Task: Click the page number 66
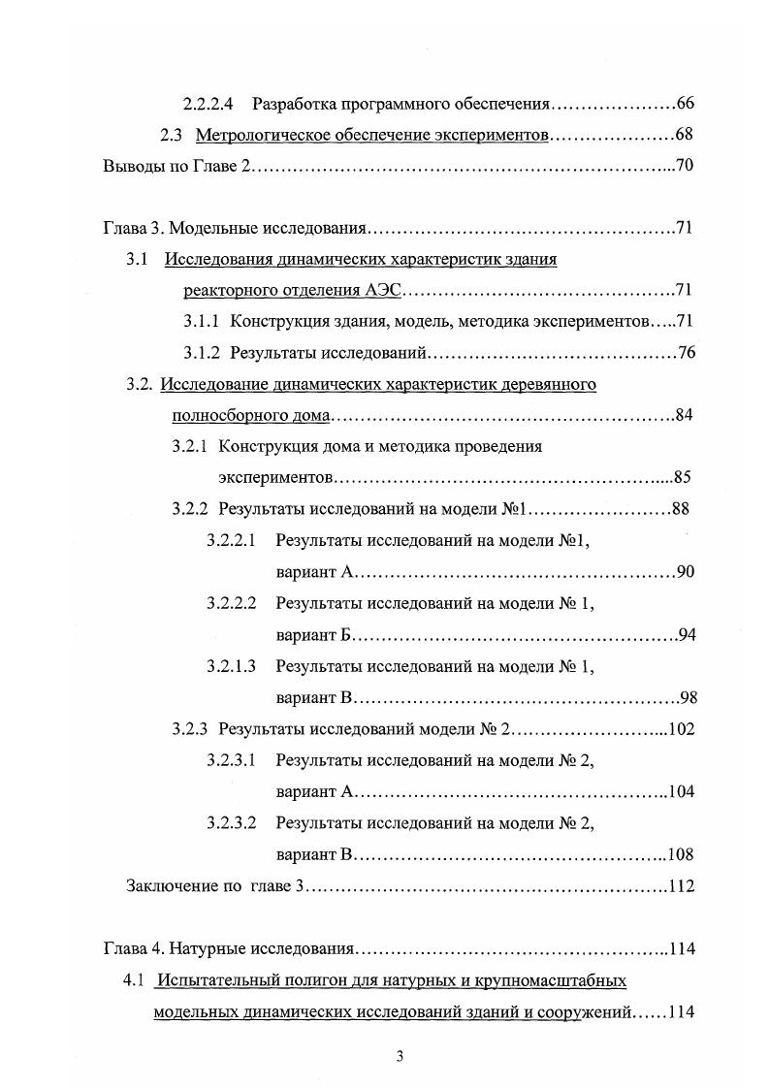pos(686,104)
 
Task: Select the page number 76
pos(687,352)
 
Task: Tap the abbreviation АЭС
pos(385,290)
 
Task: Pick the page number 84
pos(683,416)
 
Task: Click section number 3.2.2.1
pos(231,540)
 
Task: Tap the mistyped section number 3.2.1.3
pos(231,666)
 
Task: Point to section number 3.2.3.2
pos(231,823)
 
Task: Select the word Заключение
pos(170,885)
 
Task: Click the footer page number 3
pos(400,1056)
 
